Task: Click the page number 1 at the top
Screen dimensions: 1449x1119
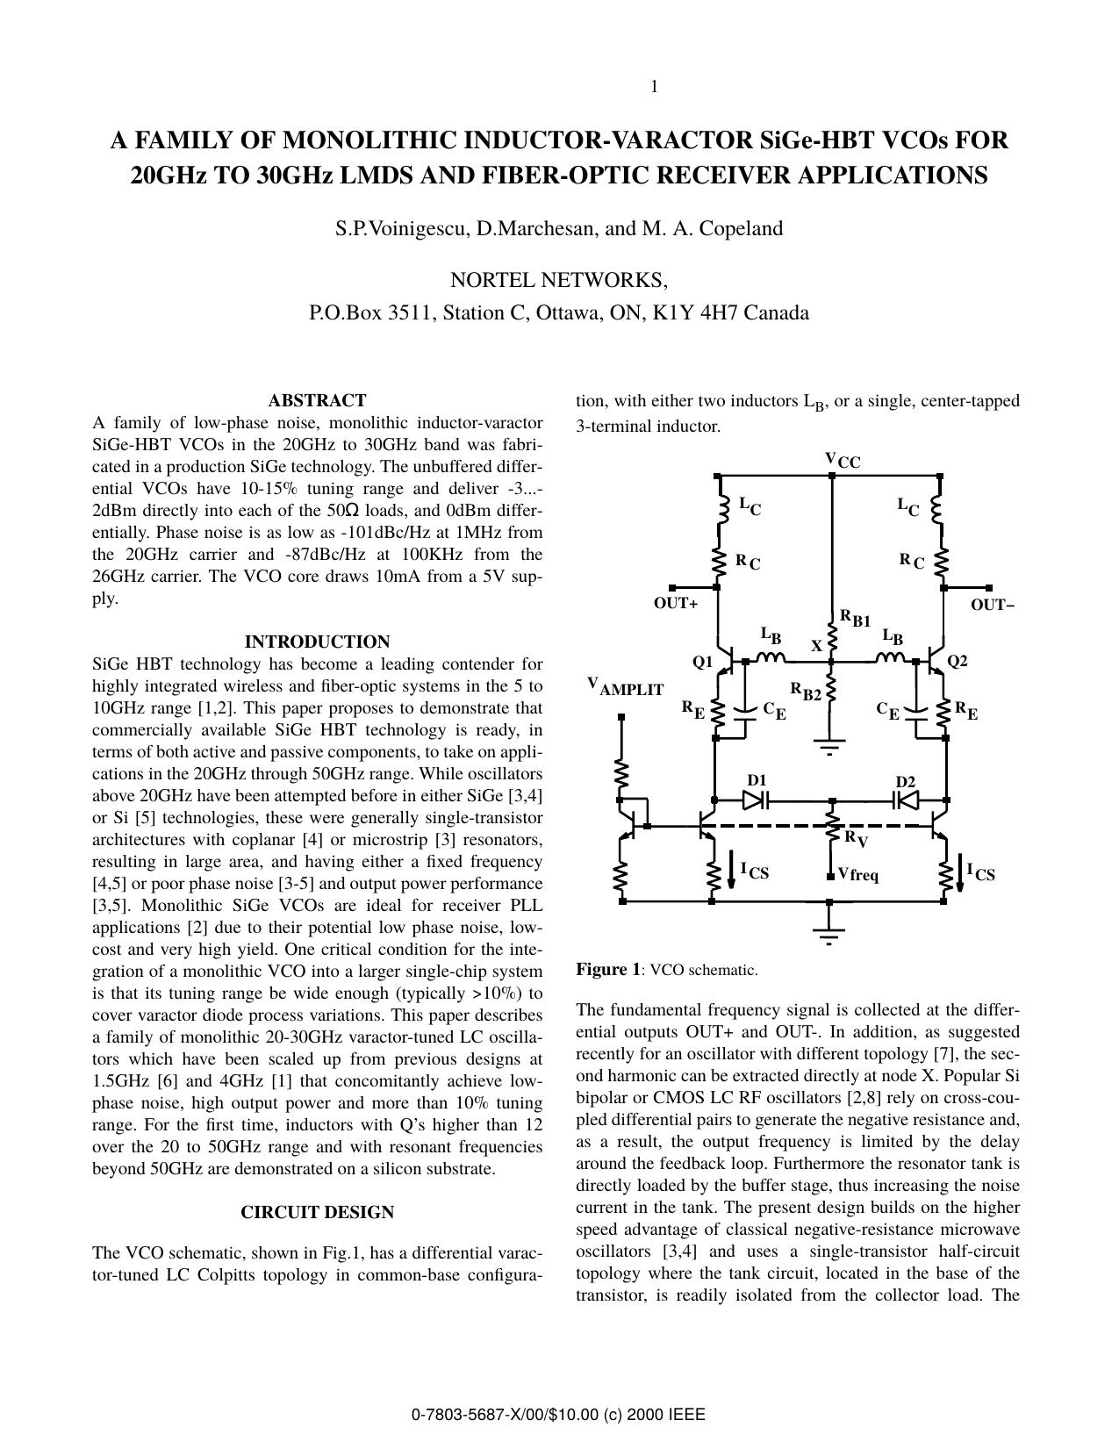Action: pos(654,86)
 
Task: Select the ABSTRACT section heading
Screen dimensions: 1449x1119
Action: pos(317,400)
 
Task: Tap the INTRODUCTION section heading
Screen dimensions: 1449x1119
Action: pos(317,642)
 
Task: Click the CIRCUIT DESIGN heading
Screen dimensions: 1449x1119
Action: pos(317,1212)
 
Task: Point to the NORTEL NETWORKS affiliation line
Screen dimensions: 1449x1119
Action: pos(558,280)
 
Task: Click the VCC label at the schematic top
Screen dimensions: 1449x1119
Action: pos(842,460)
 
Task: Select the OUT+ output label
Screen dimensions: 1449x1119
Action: pos(676,604)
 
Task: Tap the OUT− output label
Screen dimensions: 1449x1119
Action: pos(993,604)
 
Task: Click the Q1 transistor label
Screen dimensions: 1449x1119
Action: pos(702,663)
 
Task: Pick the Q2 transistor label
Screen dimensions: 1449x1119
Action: pos(957,661)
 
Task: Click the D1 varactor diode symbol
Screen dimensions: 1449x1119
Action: pos(755,800)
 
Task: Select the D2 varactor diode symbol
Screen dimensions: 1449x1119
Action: pos(905,800)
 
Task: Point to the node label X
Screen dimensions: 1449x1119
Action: pos(816,646)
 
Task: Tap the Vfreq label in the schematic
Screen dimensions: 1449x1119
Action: pos(857,874)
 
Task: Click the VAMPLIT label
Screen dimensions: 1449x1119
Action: pos(625,687)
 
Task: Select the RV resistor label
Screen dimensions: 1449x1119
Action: pos(856,839)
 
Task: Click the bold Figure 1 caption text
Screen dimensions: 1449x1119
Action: pos(607,970)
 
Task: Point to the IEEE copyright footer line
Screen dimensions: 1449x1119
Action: pos(558,1414)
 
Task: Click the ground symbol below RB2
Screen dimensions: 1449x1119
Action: pos(829,748)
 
